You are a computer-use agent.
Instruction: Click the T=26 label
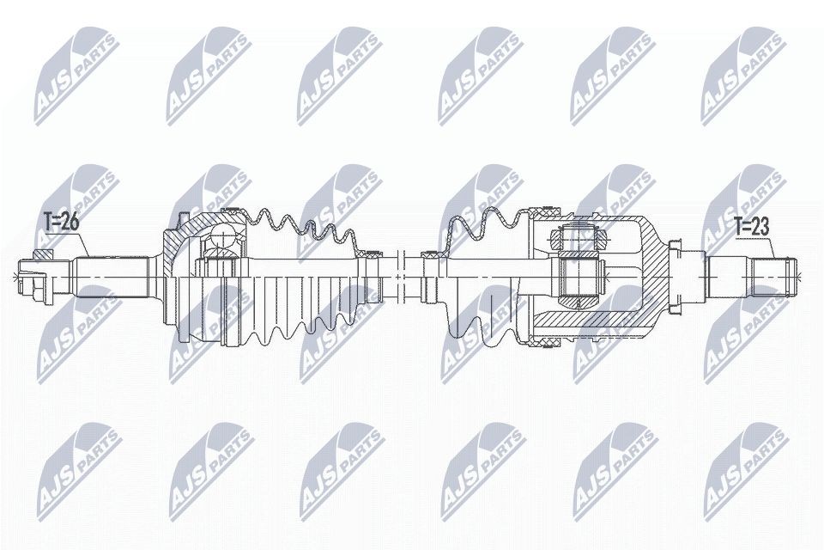pyautogui.click(x=62, y=222)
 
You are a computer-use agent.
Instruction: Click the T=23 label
pyautogui.click(x=752, y=227)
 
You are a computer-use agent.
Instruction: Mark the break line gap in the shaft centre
pyautogui.click(x=401, y=277)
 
